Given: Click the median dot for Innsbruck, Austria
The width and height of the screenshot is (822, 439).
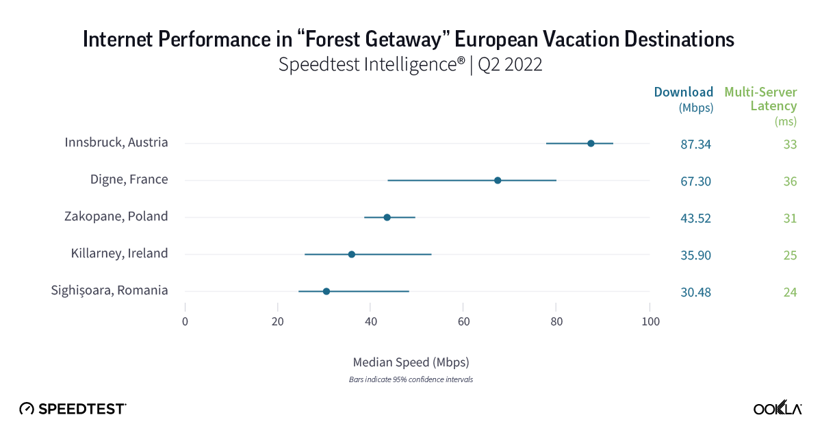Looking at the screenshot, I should click(591, 143).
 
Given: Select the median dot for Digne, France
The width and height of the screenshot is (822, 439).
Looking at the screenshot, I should click(498, 180).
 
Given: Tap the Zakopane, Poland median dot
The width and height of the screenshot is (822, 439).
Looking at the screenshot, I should click(387, 217).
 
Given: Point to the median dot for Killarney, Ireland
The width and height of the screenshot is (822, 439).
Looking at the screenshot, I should click(352, 254).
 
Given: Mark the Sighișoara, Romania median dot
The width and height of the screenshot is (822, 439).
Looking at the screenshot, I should click(326, 291).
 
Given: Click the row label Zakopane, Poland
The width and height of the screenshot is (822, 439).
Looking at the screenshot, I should click(114, 216).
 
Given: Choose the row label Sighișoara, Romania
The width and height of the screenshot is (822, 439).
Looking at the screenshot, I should click(110, 290).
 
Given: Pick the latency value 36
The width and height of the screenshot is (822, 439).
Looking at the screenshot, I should click(790, 181).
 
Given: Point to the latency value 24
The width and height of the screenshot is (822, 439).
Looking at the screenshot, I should click(790, 292).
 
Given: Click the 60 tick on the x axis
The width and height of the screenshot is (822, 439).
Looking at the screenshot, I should click(463, 321).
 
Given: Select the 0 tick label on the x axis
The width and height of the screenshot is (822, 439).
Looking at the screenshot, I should click(185, 321).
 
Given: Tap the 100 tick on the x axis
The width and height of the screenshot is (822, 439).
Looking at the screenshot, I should click(650, 321).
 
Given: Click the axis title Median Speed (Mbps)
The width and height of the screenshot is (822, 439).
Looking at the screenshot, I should click(411, 362).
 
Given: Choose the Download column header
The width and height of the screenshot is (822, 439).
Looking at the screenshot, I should click(684, 92).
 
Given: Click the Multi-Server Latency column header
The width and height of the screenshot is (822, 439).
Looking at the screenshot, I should click(760, 99).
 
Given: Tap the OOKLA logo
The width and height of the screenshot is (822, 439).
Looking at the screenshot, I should click(778, 409).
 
